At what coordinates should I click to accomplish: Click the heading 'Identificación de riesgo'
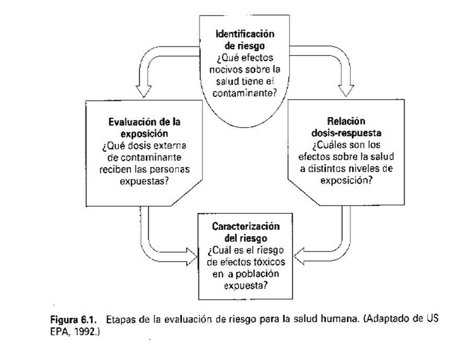click(x=245, y=39)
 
